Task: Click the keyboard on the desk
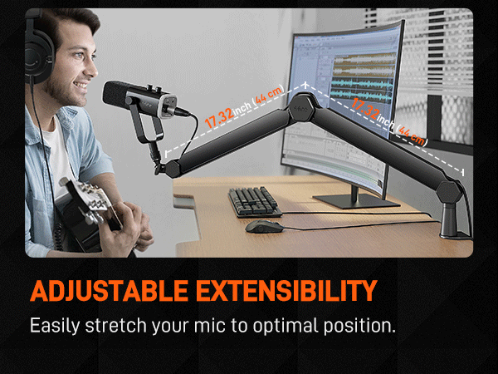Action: pyautogui.click(x=256, y=200)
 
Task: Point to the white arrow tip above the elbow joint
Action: pyautogui.click(x=305, y=84)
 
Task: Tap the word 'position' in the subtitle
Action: pyautogui.click(x=360, y=325)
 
